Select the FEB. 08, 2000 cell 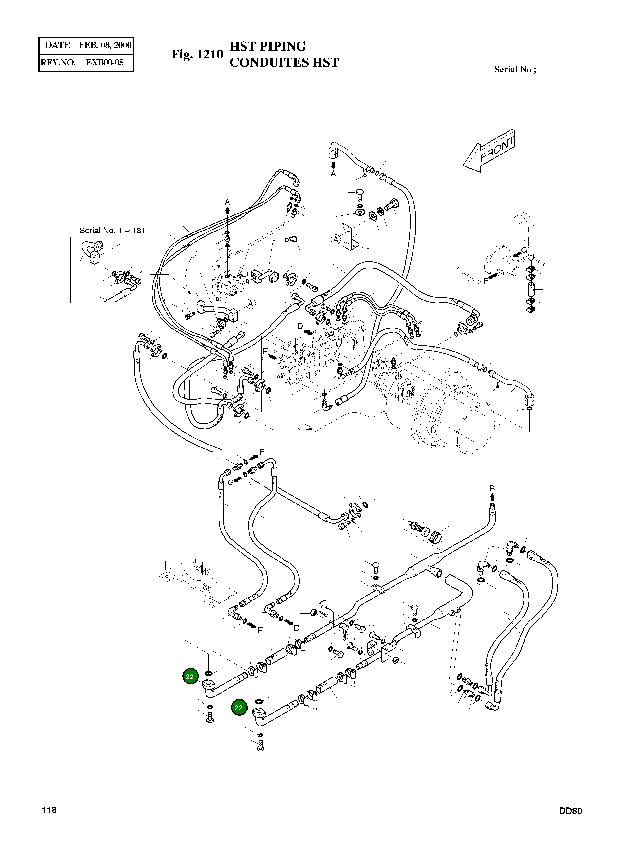pos(105,45)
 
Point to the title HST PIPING pos(268,47)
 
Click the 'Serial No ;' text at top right pos(515,69)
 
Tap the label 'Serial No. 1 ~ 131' pos(112,230)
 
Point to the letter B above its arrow pos(492,488)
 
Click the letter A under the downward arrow pos(333,174)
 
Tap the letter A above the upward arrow pos(227,202)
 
